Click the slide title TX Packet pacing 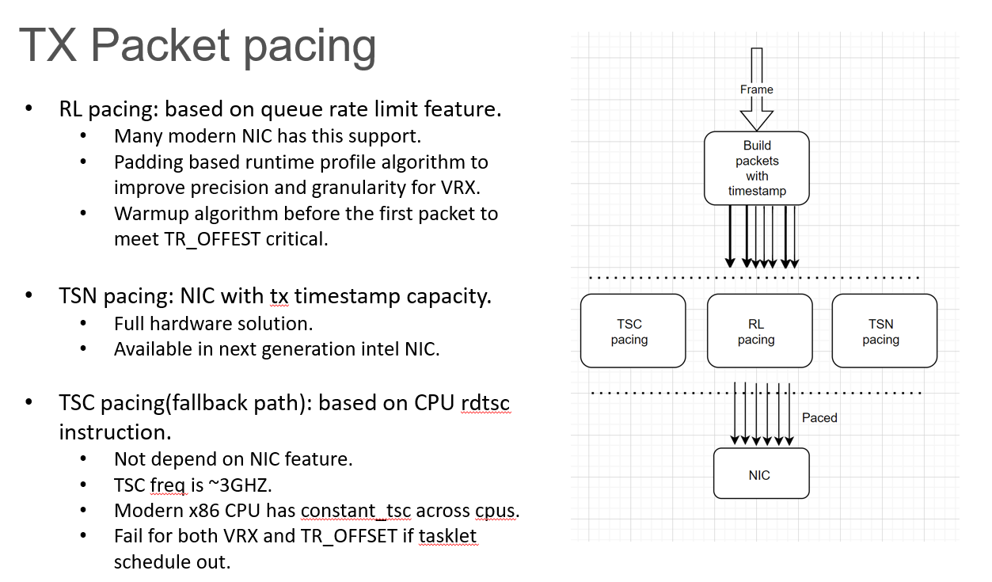coord(197,45)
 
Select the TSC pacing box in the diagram coord(633,331)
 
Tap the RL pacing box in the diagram coord(759,331)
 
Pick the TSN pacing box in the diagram coord(884,331)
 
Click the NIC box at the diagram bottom coord(761,474)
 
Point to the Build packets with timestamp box coord(756,168)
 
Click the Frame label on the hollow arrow coord(756,89)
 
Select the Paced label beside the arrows coord(819,417)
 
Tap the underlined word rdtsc coord(485,403)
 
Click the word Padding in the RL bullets coord(146,162)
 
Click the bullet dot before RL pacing coord(29,109)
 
